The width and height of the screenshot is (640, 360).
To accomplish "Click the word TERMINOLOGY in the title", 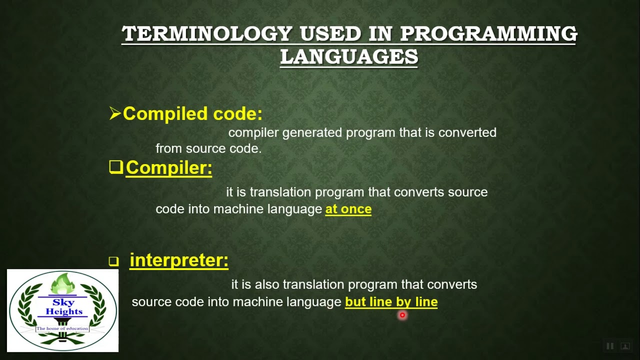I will (206, 34).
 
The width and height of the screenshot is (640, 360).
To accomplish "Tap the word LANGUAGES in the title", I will (348, 57).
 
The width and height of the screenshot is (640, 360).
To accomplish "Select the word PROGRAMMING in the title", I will (488, 34).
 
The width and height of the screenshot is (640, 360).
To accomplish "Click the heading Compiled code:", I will (192, 113).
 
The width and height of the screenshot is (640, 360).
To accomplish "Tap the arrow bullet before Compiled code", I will (115, 113).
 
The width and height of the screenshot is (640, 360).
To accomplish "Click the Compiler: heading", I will (169, 167).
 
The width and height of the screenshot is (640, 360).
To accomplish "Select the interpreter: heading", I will (179, 260).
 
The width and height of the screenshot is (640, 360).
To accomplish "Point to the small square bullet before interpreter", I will (114, 261).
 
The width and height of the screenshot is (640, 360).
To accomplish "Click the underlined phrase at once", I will (348, 209).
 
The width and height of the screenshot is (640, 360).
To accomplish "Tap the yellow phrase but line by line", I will (391, 301).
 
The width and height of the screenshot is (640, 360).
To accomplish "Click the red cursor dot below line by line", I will (402, 315).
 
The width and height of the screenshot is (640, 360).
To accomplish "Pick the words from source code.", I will (208, 148).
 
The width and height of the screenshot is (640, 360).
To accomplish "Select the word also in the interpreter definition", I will (267, 284).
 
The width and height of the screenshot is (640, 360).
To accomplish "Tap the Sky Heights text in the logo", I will (63, 307).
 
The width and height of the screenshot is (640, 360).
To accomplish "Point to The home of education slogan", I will (62, 328).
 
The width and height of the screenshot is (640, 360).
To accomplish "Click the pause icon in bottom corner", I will (610, 346).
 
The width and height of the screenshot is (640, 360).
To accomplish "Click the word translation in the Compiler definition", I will (281, 192).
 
